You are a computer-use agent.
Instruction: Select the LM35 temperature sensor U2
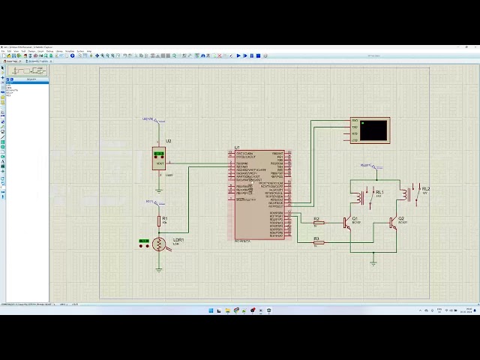click(x=159, y=158)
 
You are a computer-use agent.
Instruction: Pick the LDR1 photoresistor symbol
click(x=158, y=244)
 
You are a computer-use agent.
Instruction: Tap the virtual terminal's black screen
click(x=373, y=130)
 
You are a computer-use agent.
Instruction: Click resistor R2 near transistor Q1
click(x=317, y=223)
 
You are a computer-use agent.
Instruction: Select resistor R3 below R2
click(x=317, y=242)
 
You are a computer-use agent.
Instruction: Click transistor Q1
click(x=347, y=222)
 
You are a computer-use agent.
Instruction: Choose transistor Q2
click(x=392, y=222)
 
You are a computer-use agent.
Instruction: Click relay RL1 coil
click(x=361, y=197)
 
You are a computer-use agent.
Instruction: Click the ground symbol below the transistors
click(x=373, y=262)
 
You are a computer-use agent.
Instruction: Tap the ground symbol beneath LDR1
click(x=158, y=267)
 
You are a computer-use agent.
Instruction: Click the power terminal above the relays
click(x=367, y=166)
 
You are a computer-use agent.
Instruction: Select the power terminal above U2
click(x=149, y=119)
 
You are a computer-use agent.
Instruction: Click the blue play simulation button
click(x=239, y=55)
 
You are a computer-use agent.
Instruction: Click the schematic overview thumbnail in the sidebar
click(x=27, y=70)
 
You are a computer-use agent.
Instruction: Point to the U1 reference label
click(x=238, y=148)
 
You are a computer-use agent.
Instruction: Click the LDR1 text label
click(x=178, y=240)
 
